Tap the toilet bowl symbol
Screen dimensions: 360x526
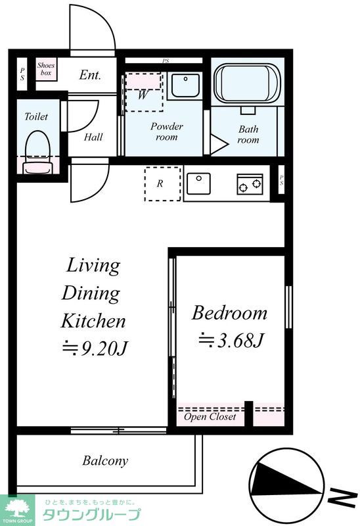click(38, 152)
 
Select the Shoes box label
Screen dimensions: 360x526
click(46, 69)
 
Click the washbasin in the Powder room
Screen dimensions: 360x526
click(185, 85)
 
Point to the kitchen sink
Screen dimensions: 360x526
click(198, 183)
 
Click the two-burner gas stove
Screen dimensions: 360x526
click(250, 184)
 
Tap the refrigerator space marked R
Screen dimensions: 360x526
click(162, 184)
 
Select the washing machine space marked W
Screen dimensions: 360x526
click(144, 92)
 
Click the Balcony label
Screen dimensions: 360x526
click(105, 461)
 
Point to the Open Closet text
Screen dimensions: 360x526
click(210, 417)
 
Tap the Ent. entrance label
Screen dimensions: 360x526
click(90, 75)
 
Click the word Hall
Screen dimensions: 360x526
click(93, 137)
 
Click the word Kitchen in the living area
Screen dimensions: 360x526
click(93, 321)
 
